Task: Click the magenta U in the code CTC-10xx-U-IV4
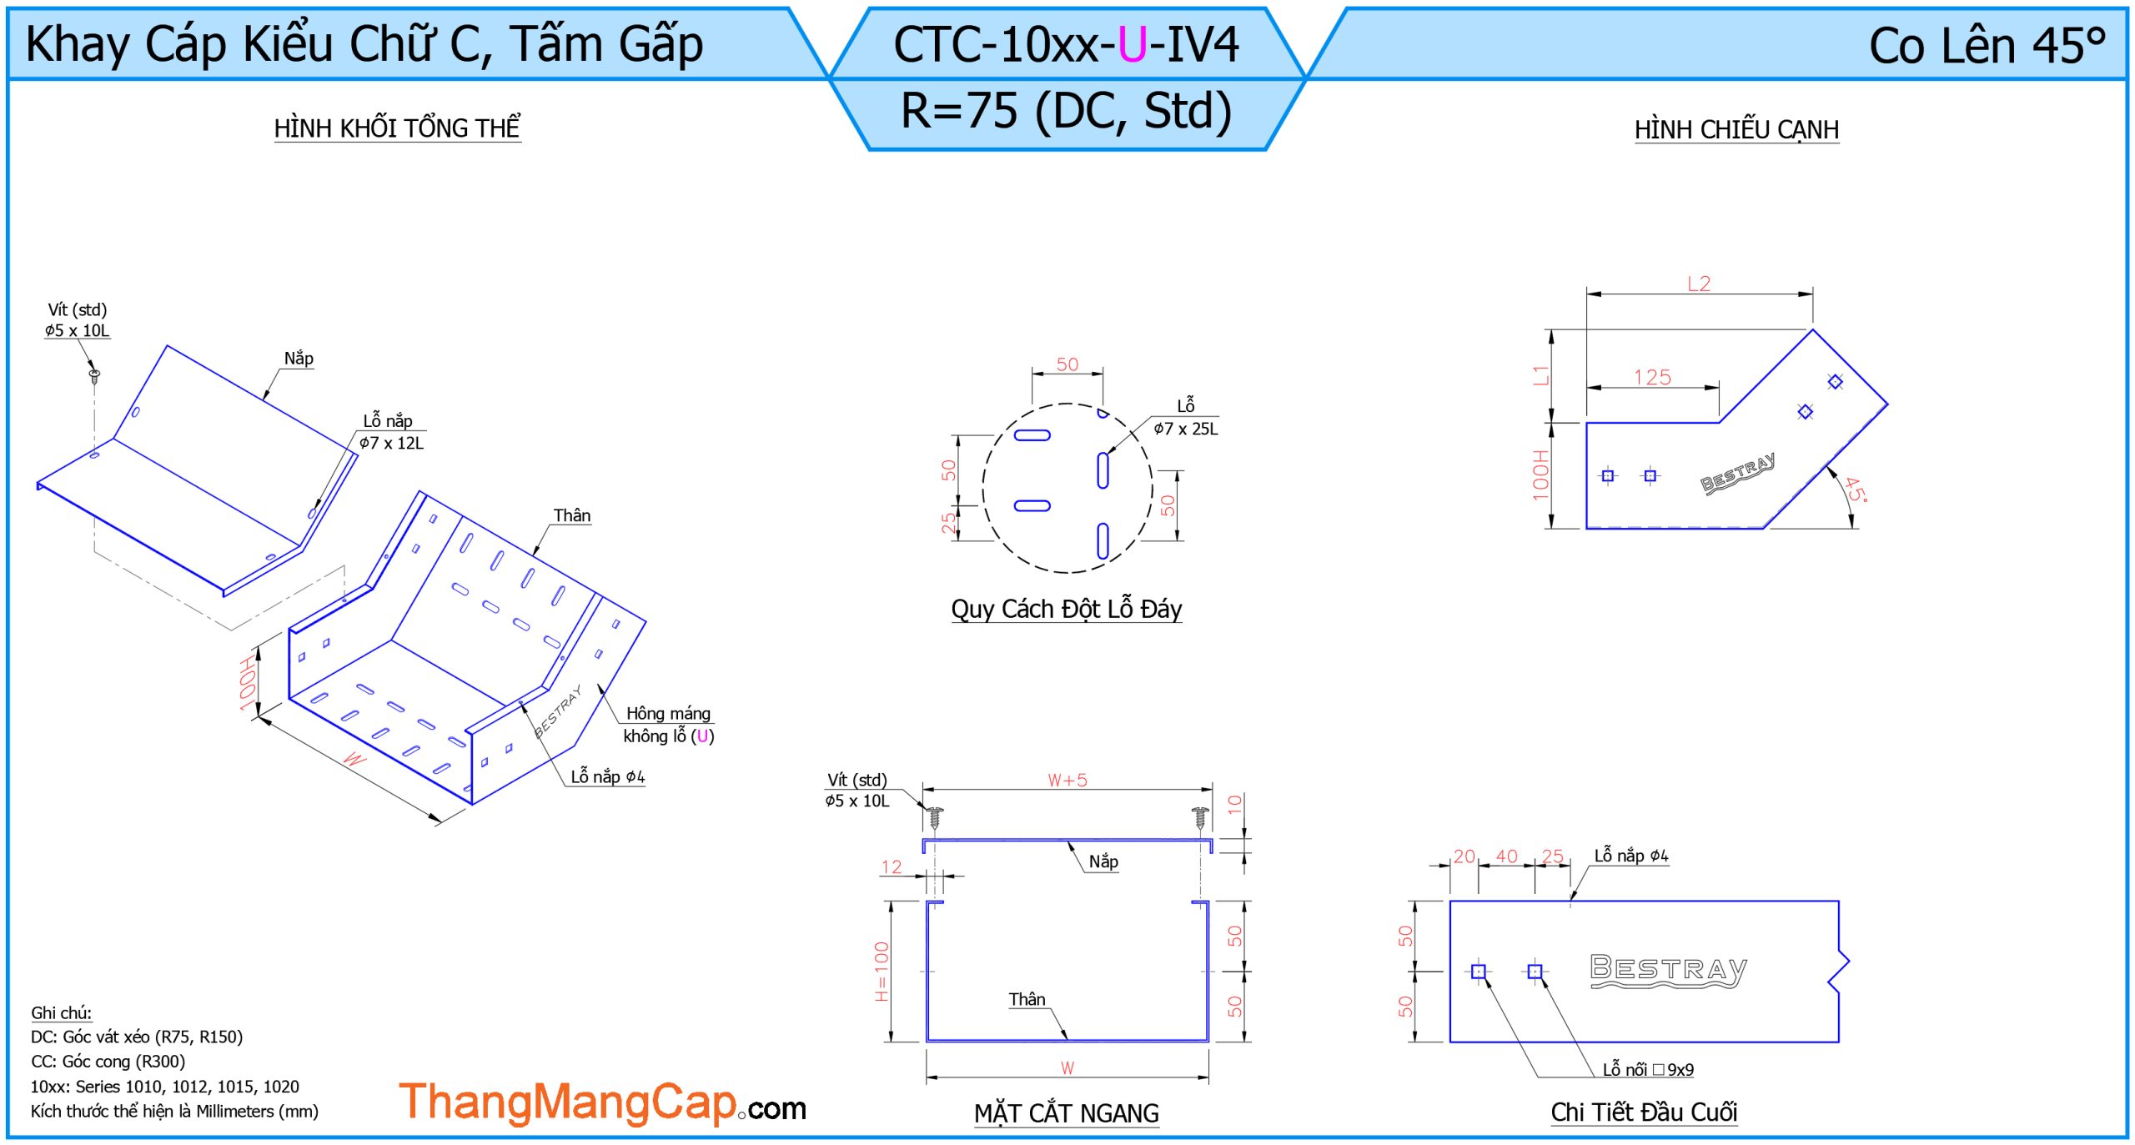pos(1132,45)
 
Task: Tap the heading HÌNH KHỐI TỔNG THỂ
pos(397,128)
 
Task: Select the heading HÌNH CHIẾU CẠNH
pos(1736,130)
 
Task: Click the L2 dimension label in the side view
pos(1698,284)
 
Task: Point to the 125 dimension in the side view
pos(1652,378)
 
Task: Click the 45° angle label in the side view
pos(1856,490)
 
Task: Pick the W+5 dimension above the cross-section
pos(1067,780)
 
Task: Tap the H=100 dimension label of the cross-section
pos(882,972)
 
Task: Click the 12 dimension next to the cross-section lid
pos(891,866)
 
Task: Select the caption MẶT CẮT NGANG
pos(1066,1113)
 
